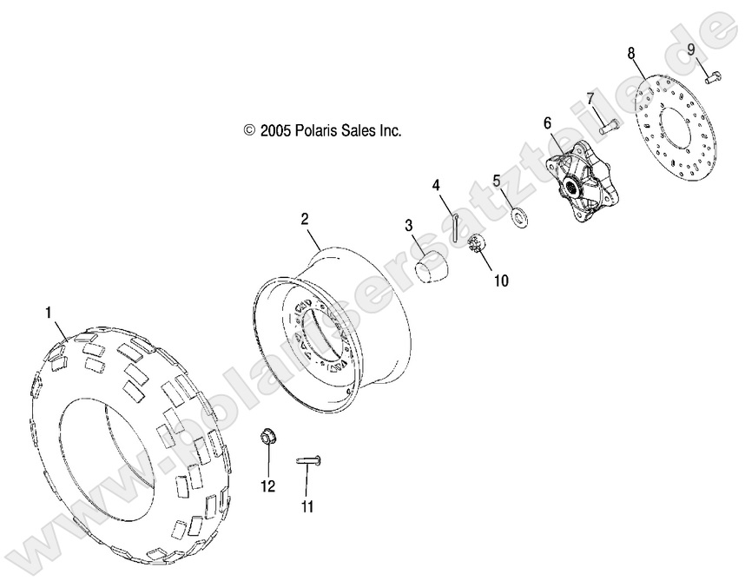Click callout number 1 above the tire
[49, 311]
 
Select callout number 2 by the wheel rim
[305, 220]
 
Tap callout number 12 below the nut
[267, 486]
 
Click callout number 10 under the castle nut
[501, 281]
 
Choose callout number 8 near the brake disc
[631, 53]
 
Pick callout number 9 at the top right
[692, 50]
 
